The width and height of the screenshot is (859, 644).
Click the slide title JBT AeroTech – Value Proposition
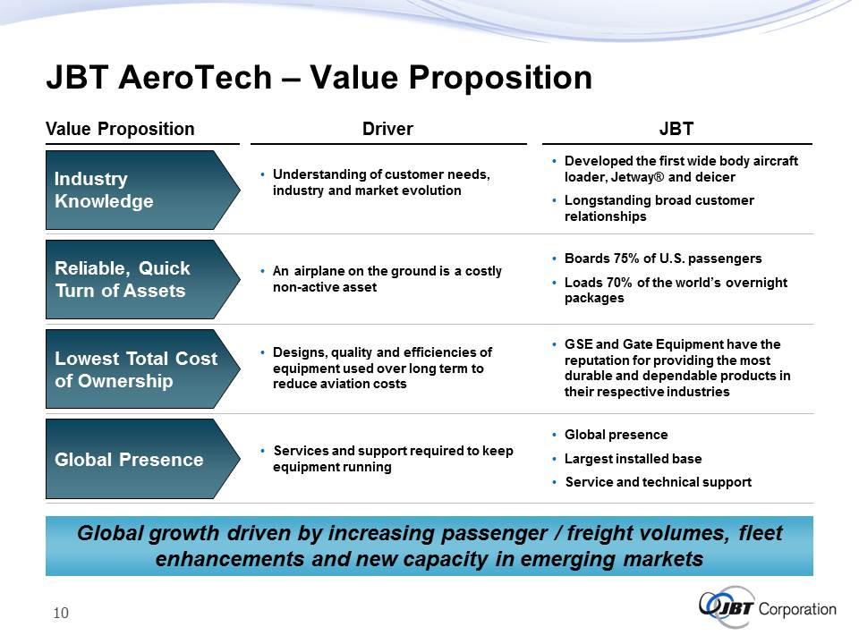(319, 77)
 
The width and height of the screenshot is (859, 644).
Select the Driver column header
(387, 129)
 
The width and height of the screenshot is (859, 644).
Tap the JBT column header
(676, 129)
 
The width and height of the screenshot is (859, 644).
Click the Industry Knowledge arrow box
(142, 190)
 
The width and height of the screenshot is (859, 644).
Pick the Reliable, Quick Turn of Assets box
(142, 279)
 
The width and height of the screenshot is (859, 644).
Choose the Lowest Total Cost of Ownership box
(142, 369)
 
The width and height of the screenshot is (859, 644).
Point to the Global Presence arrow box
(142, 459)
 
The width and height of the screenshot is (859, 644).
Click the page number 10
(61, 613)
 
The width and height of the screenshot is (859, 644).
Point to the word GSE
(579, 344)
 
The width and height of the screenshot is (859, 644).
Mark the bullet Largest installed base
(633, 458)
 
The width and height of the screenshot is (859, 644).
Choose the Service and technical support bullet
(658, 482)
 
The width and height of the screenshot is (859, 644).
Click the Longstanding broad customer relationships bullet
(659, 208)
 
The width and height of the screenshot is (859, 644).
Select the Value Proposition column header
(120, 129)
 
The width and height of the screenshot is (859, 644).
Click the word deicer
(715, 177)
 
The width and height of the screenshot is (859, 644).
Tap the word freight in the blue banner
(599, 533)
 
